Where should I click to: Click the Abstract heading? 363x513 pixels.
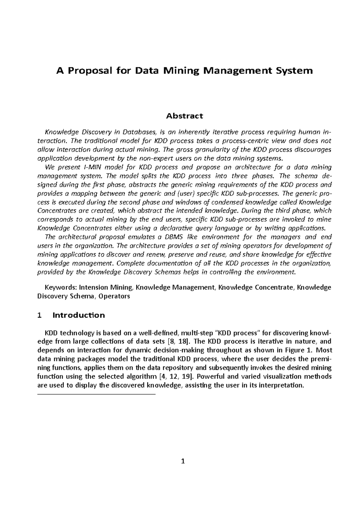pyautogui.click(x=184, y=116)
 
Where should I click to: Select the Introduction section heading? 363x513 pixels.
pyautogui.click(x=79, y=315)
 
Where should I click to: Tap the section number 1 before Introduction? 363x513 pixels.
pyautogui.click(x=39, y=315)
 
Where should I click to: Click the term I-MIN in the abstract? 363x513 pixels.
pyautogui.click(x=89, y=167)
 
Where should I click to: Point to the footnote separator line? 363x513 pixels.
pyautogui.click(x=96, y=394)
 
